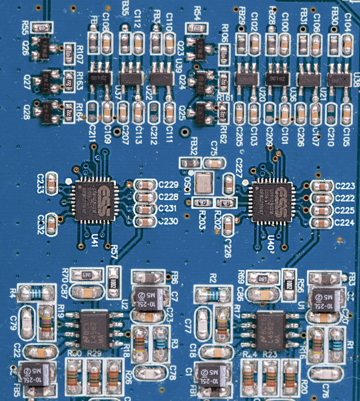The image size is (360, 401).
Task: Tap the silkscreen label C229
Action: click(167, 186)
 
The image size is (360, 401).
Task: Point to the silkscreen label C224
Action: click(345, 221)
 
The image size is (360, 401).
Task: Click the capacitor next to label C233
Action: click(53, 182)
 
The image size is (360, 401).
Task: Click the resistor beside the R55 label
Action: click(41, 28)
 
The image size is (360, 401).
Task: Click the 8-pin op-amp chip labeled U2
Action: click(96, 327)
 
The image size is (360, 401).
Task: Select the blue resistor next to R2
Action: click(205, 293)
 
